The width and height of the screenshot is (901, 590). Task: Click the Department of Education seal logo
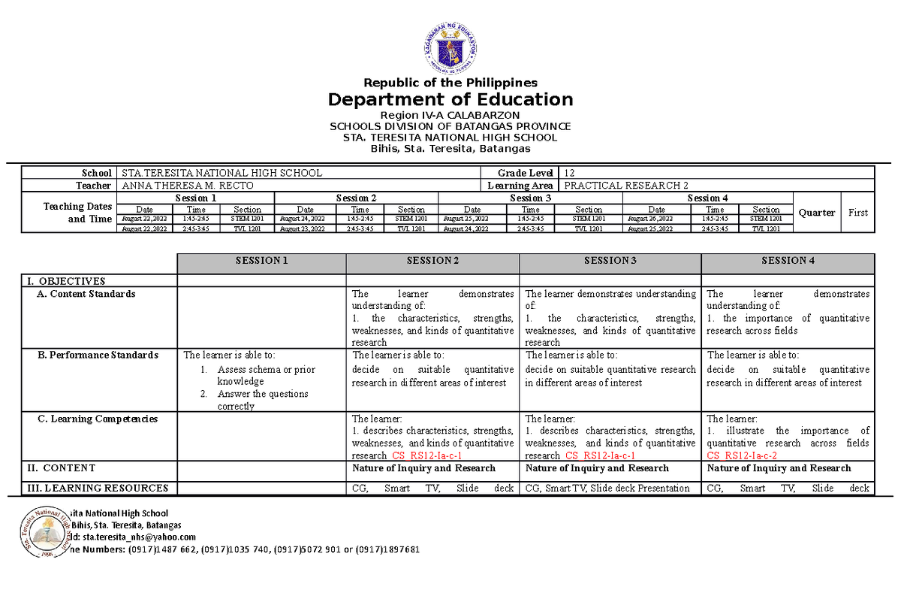click(x=450, y=47)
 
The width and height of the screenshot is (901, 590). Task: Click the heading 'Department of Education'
click(x=450, y=99)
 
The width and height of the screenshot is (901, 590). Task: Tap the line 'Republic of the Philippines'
click(x=450, y=83)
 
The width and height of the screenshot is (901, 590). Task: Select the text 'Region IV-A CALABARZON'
click(x=450, y=114)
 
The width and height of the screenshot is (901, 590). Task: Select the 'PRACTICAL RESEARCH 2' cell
click(x=625, y=185)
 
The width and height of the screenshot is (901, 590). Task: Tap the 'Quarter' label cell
click(x=817, y=213)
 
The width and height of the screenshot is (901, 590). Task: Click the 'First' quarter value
click(x=857, y=213)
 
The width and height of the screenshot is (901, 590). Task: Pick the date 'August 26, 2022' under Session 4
click(x=656, y=219)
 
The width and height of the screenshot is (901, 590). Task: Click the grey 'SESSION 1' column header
click(x=261, y=261)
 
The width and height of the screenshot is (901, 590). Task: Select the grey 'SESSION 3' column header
click(x=610, y=261)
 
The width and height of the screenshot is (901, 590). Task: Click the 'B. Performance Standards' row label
click(x=98, y=355)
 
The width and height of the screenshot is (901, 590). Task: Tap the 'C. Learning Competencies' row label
click(x=98, y=419)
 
